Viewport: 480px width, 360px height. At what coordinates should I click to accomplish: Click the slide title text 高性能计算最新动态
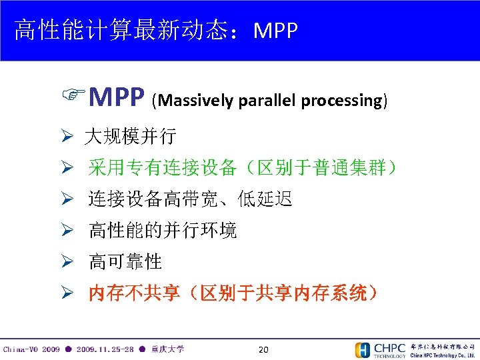pos(126,30)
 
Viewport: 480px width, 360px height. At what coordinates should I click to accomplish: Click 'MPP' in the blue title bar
pos(275,31)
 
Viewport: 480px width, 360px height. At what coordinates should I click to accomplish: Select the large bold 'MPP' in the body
pos(116,99)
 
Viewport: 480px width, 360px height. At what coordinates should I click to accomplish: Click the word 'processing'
pos(341,101)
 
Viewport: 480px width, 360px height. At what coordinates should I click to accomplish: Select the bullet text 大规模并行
pos(130,137)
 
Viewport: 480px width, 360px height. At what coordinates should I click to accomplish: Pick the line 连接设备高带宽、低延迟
pos(191,199)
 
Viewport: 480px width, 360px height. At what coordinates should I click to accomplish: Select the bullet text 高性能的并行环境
pos(163,231)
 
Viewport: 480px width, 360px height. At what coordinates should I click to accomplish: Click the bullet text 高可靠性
pos(125,262)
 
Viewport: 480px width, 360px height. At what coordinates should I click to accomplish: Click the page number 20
pos(263,349)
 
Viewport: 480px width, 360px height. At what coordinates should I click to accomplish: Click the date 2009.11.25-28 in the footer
pos(105,349)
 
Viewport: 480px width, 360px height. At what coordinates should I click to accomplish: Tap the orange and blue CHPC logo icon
pos(363,350)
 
